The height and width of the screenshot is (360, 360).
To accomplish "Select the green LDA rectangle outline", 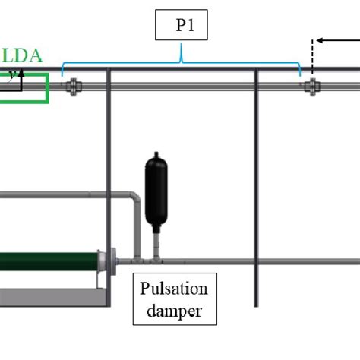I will [x=47, y=87].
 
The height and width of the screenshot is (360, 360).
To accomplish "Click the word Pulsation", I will [x=174, y=289].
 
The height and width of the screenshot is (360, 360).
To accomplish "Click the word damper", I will [x=174, y=311].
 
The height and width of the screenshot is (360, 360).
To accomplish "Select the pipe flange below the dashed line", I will [x=311, y=87].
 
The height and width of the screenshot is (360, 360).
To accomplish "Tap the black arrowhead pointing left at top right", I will [x=320, y=40].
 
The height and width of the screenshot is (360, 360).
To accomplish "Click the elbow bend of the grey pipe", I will [x=134, y=200].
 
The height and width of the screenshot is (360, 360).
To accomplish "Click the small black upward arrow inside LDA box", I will [x=22, y=74].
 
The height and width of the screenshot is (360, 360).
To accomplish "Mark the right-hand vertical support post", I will [x=256, y=190].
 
